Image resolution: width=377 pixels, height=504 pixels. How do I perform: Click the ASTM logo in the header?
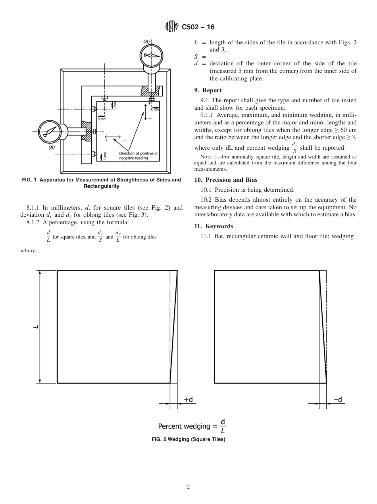171,27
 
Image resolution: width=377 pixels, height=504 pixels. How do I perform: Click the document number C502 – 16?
198,27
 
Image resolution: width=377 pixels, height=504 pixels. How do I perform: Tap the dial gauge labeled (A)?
50,131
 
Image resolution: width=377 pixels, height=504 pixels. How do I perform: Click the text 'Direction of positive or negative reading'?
138,156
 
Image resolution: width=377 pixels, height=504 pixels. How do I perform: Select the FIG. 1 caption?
101,183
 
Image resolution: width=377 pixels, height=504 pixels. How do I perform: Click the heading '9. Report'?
208,90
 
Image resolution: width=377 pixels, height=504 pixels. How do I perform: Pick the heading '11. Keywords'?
214,226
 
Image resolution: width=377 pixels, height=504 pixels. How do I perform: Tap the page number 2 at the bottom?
188,487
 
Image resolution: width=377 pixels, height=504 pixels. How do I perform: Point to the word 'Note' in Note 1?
206,157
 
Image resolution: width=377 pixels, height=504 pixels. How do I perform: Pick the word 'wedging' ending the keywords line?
343,236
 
